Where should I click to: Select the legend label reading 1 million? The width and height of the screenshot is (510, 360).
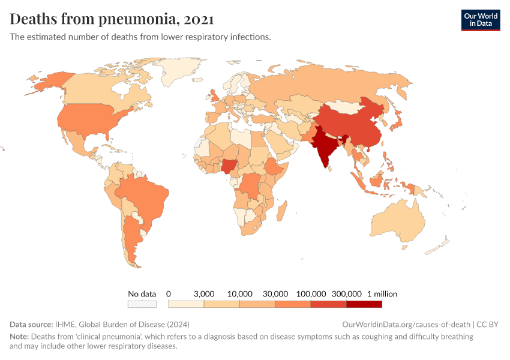tap(382, 294)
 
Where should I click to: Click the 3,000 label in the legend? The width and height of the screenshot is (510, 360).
tap(204, 294)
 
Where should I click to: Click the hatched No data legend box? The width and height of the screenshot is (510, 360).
tap(142, 304)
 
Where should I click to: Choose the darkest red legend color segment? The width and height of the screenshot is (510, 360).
tap(364, 304)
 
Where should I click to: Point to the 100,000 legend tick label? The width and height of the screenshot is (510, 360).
tap(311, 294)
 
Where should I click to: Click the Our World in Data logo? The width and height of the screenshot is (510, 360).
tap(480, 20)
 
